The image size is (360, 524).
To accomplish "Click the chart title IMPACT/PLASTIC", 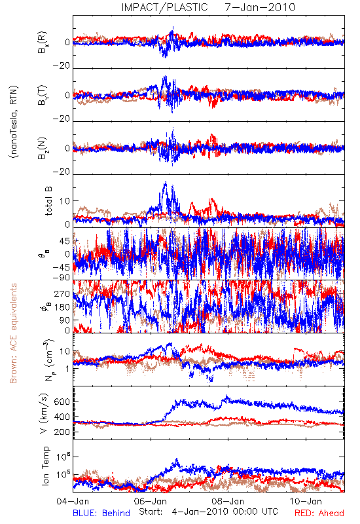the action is (165, 7).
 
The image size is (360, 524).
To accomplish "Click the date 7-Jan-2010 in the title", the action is (260, 7).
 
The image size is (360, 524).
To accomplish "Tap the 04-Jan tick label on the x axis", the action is (73, 501).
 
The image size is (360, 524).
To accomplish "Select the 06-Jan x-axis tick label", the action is (151, 501).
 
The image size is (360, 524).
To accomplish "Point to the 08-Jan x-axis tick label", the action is (228, 501).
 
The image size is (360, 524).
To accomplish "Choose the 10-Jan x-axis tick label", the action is (306, 501).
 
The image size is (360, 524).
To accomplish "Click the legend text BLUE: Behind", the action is (101, 513).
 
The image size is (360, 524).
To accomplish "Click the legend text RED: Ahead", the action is (319, 513).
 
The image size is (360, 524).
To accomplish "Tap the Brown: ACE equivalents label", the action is (13, 333).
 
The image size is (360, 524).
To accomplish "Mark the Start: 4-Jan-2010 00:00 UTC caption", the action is (208, 512).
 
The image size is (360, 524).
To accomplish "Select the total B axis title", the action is (48, 201).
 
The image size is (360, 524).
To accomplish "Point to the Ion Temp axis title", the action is (45, 466).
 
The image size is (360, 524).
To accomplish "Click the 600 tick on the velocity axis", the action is (62, 402).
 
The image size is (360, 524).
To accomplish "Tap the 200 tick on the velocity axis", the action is (62, 432).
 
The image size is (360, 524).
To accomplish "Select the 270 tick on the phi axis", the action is (62, 293).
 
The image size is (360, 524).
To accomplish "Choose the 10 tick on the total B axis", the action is (65, 201).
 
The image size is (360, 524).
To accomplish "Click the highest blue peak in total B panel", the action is (166, 183).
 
